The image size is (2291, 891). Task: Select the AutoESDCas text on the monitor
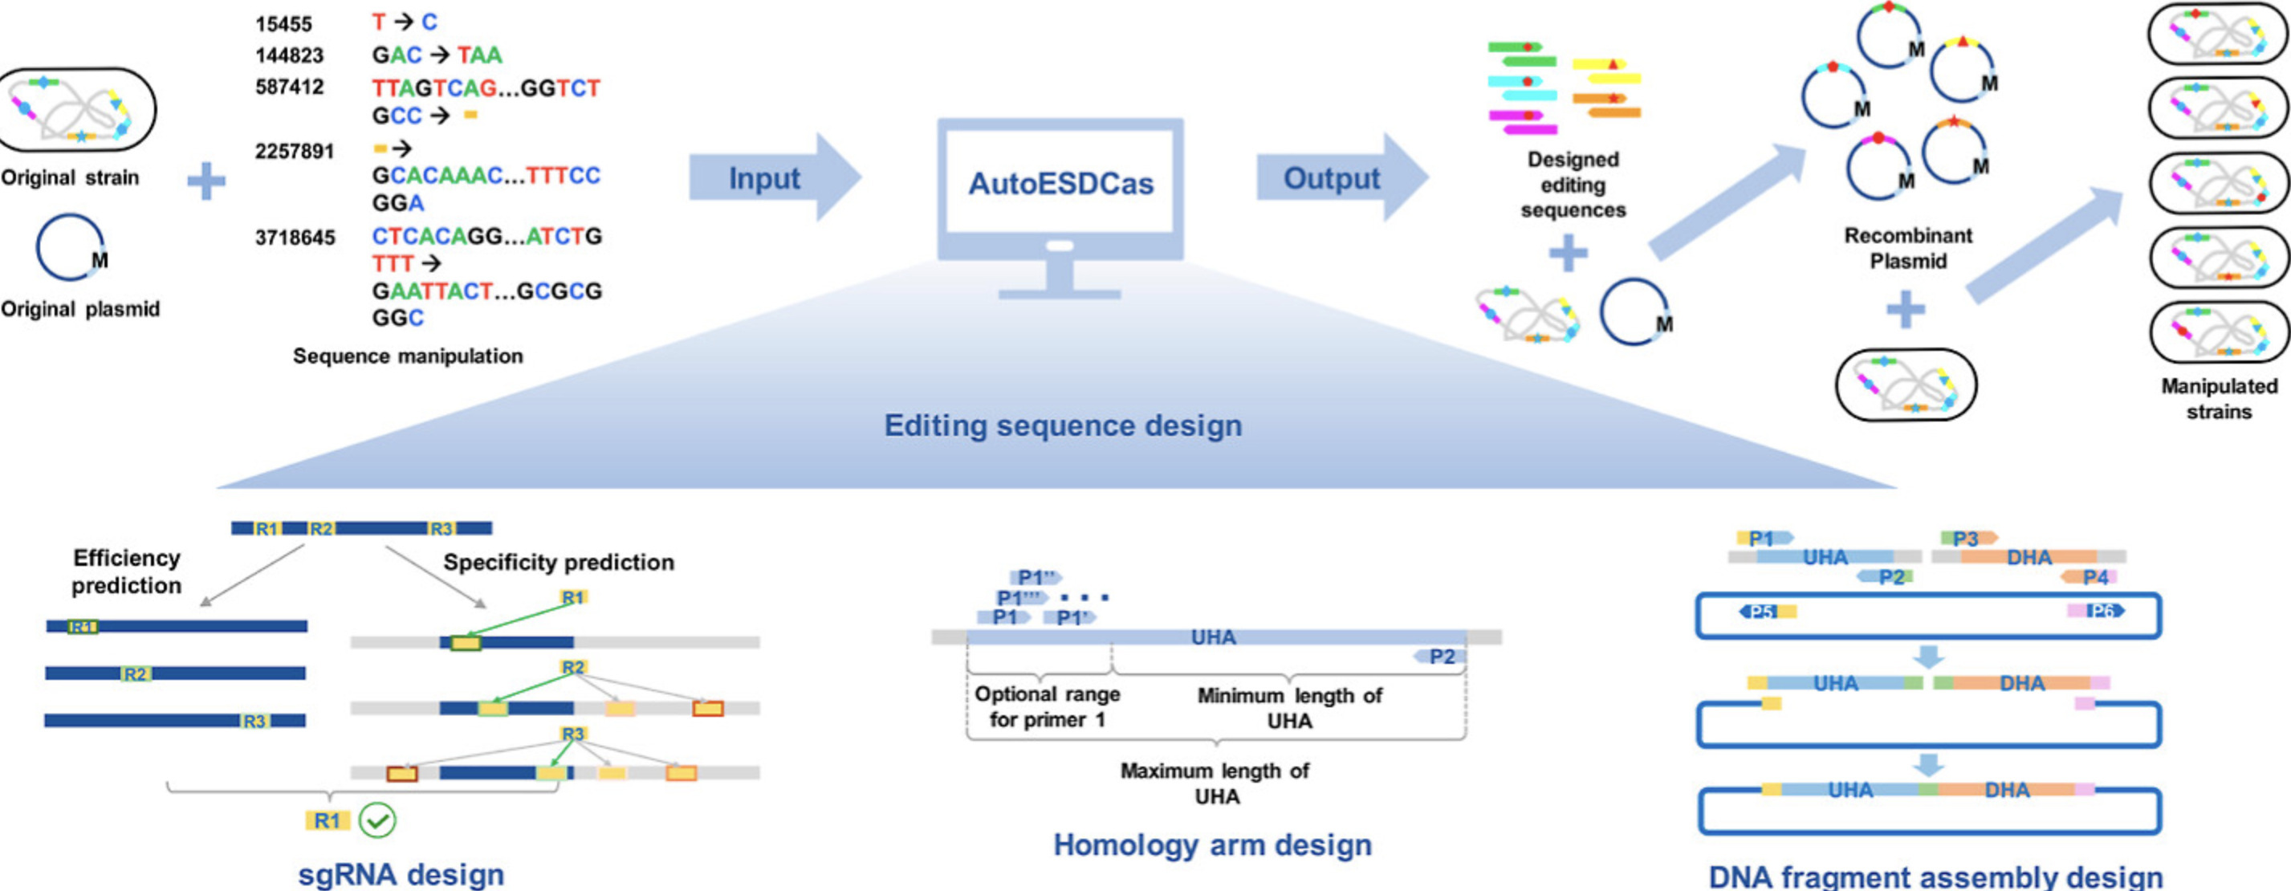coord(1060,183)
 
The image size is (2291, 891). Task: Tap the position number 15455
coord(283,24)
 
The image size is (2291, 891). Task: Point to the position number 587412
coord(289,87)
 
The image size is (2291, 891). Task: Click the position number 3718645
coord(295,238)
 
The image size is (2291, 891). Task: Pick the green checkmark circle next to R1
coord(377,820)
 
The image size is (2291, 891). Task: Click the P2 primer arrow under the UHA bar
coord(1440,657)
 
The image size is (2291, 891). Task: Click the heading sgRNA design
coord(401,873)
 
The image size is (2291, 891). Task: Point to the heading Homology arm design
coord(1212,844)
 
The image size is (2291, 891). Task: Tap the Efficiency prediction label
coord(126,571)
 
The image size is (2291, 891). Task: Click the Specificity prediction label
coord(559,562)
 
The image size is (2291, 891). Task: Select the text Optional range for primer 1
coord(1047,706)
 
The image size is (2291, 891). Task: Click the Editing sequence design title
coord(1063,425)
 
